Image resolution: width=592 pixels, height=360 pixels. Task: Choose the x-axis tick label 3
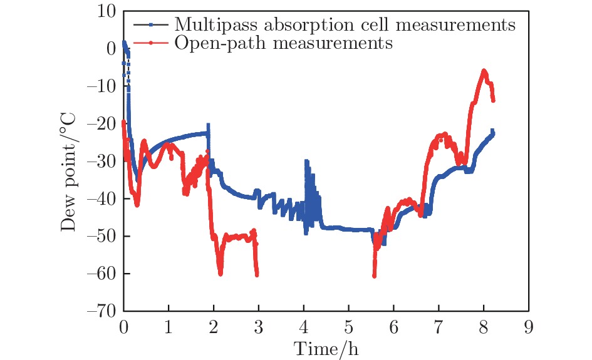(258, 327)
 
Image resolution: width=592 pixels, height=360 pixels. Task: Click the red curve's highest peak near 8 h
(484, 71)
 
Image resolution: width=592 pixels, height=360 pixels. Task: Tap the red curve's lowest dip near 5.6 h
(374, 275)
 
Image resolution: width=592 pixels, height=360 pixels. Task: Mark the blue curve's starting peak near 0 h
(124, 42)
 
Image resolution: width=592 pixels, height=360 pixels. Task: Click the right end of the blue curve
(493, 131)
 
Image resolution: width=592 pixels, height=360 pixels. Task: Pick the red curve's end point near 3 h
(257, 274)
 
